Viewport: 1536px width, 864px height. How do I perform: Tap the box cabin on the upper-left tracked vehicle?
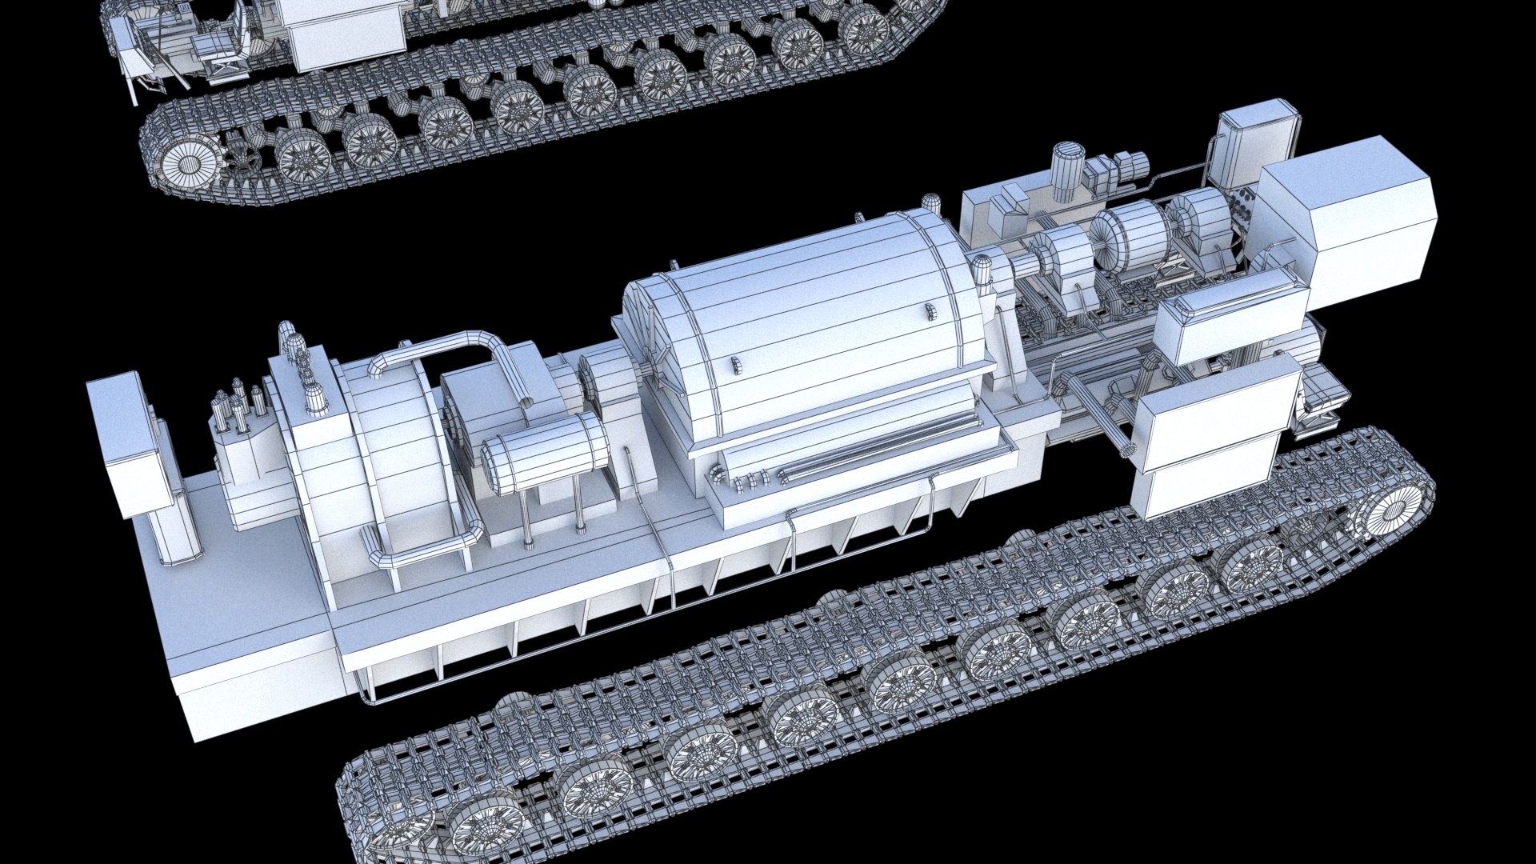(344, 32)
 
